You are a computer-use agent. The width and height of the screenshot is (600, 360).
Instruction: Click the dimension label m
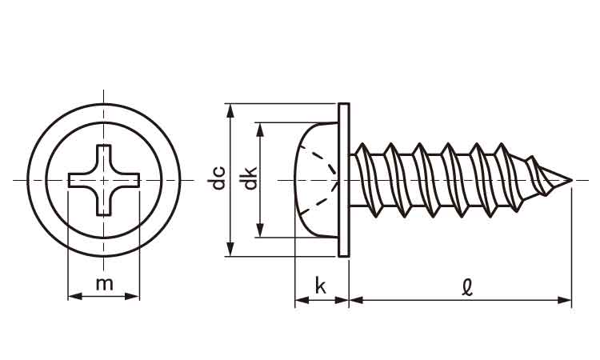coord(104,282)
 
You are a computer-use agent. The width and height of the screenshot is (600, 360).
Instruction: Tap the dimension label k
coord(321,286)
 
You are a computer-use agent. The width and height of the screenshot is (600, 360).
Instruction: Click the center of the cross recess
coord(104,179)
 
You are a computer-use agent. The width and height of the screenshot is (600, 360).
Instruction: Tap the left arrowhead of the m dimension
coord(73,296)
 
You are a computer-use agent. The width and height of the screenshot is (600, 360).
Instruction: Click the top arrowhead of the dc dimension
coord(230,109)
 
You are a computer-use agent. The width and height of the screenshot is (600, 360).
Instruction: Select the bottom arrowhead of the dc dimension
coord(230,251)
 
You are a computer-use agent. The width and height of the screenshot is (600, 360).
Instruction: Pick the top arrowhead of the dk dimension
coord(259,127)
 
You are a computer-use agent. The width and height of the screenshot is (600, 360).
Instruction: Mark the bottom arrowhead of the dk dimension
coord(259,232)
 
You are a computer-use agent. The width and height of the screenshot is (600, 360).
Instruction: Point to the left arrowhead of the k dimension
coord(299,300)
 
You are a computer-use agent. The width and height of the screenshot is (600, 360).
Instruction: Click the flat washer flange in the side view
coord(344,180)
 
